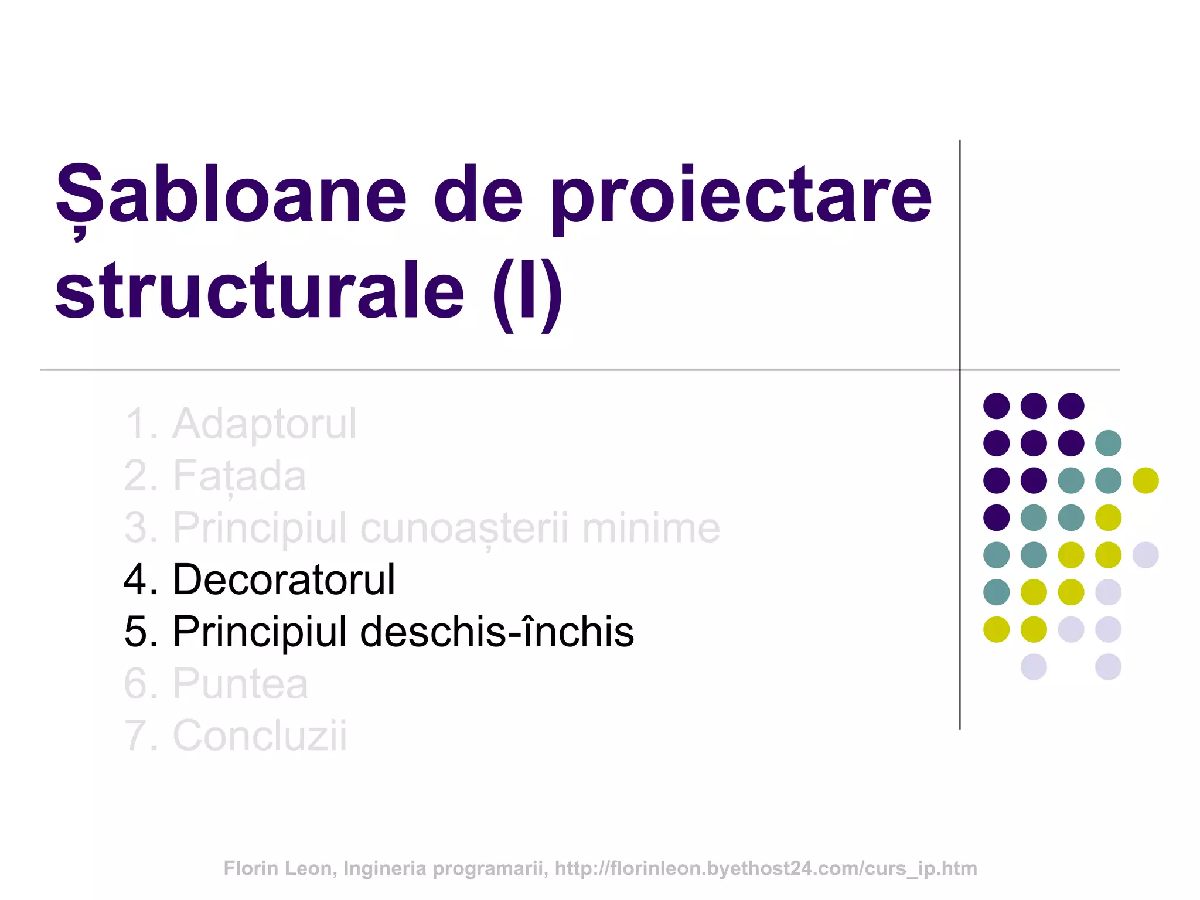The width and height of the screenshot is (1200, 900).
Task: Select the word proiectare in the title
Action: coord(741,199)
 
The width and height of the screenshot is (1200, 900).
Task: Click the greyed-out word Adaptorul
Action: coord(264,424)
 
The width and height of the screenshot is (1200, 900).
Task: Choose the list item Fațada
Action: coord(238,476)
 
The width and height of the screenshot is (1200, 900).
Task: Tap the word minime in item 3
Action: coord(650,529)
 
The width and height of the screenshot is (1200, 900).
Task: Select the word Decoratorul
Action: coord(284,580)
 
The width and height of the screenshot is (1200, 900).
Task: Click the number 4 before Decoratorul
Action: coord(135,580)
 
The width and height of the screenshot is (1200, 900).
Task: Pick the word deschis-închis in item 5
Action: coord(497,632)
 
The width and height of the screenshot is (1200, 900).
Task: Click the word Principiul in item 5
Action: coord(260,632)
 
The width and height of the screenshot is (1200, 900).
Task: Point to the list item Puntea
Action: coord(240,684)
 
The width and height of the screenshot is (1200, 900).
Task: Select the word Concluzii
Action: coord(260,735)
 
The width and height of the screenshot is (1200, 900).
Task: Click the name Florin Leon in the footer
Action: coord(278,868)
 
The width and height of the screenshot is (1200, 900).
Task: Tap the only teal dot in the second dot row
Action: coord(1108,443)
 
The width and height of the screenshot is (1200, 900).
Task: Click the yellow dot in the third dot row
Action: coord(1146,480)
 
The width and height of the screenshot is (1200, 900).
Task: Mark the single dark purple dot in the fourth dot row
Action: coord(996,517)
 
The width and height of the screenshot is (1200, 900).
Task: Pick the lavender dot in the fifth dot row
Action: coord(1146,555)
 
